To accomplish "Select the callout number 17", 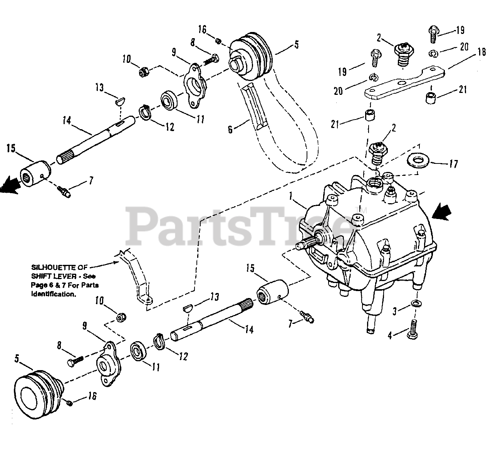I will [x=453, y=164].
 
